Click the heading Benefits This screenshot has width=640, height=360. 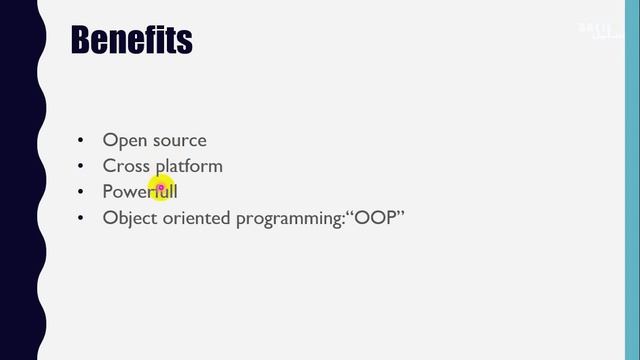[131, 40]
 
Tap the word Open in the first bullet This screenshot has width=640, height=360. [125, 141]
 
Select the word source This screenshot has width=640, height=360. [180, 141]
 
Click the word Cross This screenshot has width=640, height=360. [126, 166]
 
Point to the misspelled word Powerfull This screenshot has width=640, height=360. [139, 191]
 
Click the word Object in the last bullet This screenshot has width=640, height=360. [130, 217]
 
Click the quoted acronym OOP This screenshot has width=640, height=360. [374, 216]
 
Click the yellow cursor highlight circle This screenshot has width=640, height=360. [161, 186]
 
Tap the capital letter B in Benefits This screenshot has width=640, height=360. [82, 40]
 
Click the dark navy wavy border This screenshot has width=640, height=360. [18, 180]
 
